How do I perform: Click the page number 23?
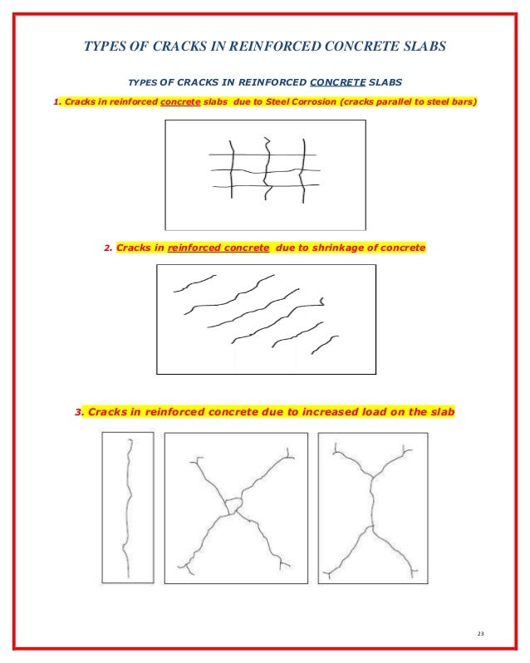point(480,635)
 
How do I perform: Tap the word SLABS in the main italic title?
point(424,47)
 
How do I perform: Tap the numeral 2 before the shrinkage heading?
point(107,248)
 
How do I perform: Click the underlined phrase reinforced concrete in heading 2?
point(218,248)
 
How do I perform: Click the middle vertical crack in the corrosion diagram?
point(267,170)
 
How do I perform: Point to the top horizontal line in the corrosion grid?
point(262,155)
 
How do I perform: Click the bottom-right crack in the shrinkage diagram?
point(324,343)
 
